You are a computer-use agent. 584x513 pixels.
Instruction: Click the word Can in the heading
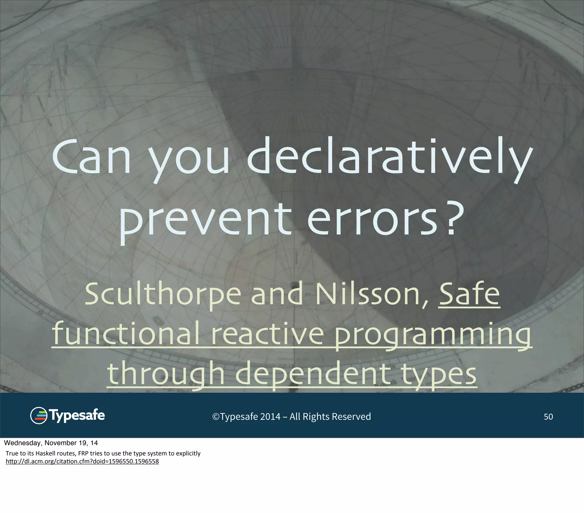point(91,158)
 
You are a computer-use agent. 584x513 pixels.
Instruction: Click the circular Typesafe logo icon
point(38,416)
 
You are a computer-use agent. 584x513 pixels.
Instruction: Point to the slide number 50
point(548,417)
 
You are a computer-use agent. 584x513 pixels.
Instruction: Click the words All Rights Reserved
point(330,417)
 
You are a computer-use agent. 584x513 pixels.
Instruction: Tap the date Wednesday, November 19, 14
point(51,443)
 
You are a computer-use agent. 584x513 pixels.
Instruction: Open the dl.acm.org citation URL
point(82,461)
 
